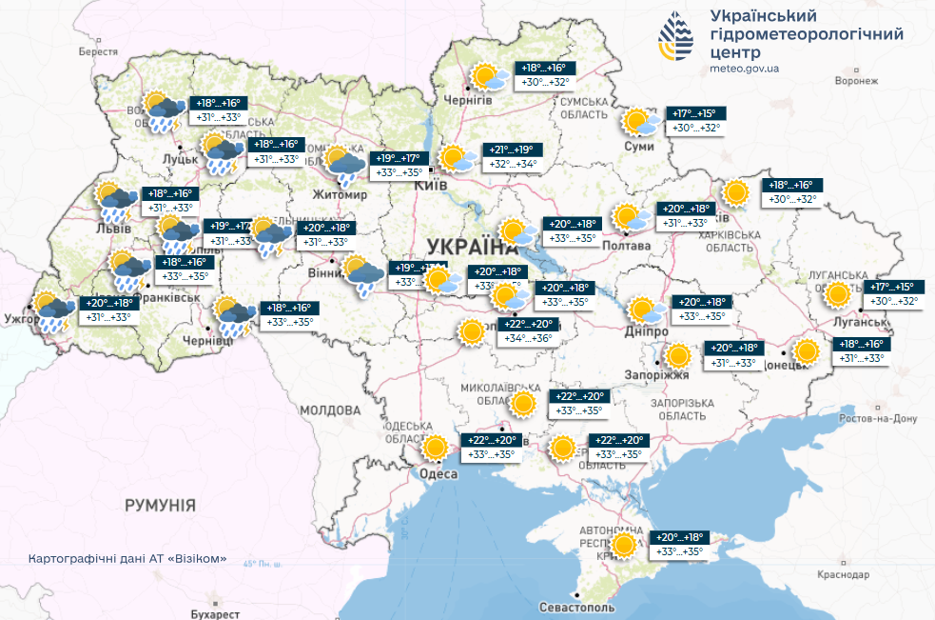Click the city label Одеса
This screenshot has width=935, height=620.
click(x=439, y=472)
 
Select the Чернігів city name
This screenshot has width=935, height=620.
click(x=468, y=100)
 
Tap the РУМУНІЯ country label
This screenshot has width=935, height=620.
click(x=160, y=505)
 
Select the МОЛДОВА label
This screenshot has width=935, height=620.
click(x=327, y=410)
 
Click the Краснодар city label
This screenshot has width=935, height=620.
click(x=843, y=576)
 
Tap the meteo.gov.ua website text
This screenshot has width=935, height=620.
click(x=745, y=69)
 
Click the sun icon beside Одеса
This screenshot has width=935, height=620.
click(x=436, y=448)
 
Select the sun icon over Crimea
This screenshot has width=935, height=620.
click(x=624, y=545)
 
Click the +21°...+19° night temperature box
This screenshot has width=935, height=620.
click(x=515, y=150)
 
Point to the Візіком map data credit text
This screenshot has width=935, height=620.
click(x=127, y=559)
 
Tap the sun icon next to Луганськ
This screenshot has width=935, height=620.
click(x=837, y=294)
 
